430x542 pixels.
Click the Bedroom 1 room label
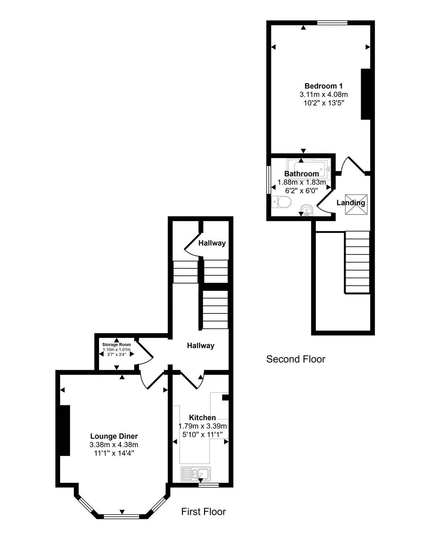tap(323, 86)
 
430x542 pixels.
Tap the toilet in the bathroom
tap(281, 202)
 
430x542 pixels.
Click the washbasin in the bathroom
tap(307, 210)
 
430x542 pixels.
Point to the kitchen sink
tap(196, 474)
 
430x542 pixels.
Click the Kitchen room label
tap(202, 418)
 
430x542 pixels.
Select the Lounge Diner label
tap(114, 436)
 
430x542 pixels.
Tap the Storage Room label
tap(117, 345)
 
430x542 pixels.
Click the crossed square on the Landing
tap(356, 204)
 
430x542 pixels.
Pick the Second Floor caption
tap(296, 359)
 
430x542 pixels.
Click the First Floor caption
tap(203, 512)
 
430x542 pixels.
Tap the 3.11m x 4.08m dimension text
tap(323, 95)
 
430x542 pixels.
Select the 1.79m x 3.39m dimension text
tap(203, 426)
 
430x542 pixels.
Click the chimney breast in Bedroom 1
tap(366, 94)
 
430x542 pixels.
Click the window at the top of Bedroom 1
tap(332, 23)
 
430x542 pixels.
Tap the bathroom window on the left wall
tap(269, 179)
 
